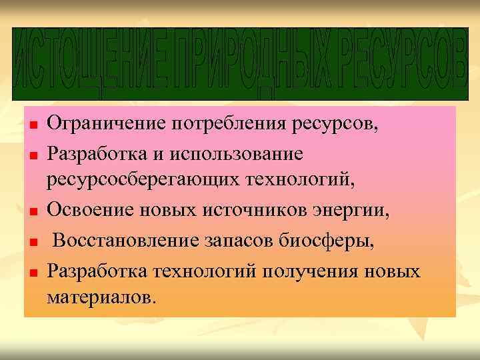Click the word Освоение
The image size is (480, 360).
(90, 211)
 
